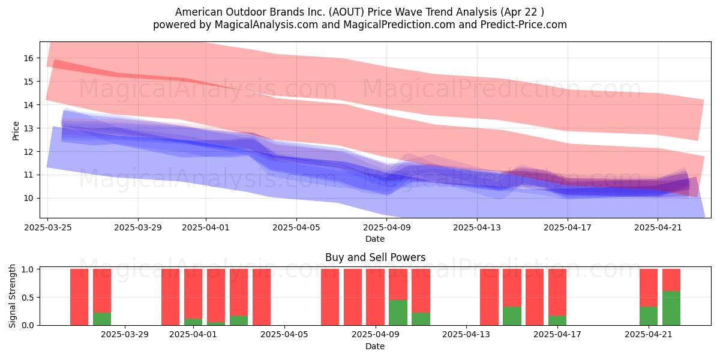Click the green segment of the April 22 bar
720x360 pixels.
coord(671,308)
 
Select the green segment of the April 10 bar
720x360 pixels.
coord(398,313)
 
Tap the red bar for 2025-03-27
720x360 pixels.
coord(79,297)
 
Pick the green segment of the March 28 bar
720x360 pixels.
coord(102,319)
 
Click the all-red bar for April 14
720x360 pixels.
coord(489,297)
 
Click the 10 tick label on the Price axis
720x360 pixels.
coord(28,199)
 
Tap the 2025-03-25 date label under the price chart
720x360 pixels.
coord(48,227)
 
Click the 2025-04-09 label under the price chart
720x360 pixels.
coord(386,227)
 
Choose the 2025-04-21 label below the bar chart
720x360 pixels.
coord(649,335)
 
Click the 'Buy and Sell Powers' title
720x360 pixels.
coord(375,257)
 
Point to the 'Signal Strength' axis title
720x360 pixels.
coord(12,296)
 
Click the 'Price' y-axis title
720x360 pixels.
coord(16,131)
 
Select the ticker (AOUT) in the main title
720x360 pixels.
coord(347,12)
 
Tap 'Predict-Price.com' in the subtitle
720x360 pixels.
coord(524,25)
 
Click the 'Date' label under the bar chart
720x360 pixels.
coord(375,346)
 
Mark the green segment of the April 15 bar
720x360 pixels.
coord(512,316)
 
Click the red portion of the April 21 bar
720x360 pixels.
coord(649,288)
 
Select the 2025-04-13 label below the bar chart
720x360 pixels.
coord(466,335)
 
